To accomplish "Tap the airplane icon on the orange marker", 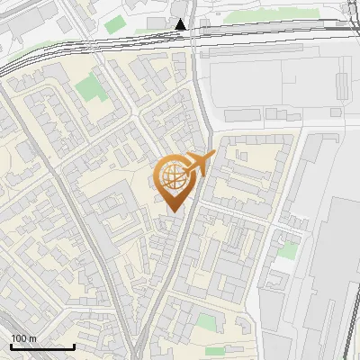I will coord(200,163).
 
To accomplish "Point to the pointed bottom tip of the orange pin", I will coord(175,212).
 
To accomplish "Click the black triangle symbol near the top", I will coord(182,24).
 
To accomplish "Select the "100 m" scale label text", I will coord(23,338).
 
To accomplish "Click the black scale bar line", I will coord(42,346).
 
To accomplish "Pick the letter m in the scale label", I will coord(32,338).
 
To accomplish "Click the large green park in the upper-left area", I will coord(89,88).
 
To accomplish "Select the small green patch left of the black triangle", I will coord(114,25).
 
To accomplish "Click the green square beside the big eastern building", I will coord(287,250).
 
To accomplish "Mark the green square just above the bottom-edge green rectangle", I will coord(207,321).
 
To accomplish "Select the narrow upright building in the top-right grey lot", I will coord(343,85).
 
